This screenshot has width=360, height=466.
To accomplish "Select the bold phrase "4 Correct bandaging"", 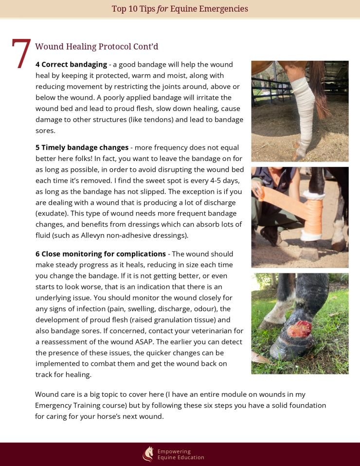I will (x=71, y=64).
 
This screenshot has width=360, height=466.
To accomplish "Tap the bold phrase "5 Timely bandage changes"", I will (x=82, y=147).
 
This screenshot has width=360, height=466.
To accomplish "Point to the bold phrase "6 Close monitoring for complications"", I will (x=101, y=254).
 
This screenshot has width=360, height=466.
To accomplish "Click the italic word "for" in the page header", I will (x=162, y=9).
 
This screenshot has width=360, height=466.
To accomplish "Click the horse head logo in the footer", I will (x=147, y=454).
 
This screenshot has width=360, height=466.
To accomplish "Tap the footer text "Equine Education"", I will (x=180, y=458).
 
